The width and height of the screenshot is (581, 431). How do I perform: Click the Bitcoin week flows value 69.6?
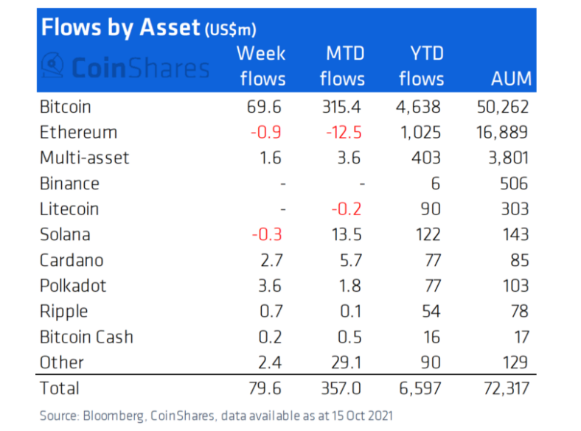[264, 107]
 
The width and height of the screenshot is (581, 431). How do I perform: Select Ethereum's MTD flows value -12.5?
[343, 133]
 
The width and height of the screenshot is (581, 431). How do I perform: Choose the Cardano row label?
[72, 260]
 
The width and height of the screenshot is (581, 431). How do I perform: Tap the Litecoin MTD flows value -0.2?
[347, 209]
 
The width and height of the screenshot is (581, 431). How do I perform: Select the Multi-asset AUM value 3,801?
[507, 158]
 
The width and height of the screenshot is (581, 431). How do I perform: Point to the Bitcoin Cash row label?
[87, 337]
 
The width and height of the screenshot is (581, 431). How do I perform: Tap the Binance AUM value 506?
[514, 183]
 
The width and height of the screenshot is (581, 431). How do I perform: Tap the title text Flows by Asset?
[119, 28]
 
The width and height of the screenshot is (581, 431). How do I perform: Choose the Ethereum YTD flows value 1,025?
[418, 133]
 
